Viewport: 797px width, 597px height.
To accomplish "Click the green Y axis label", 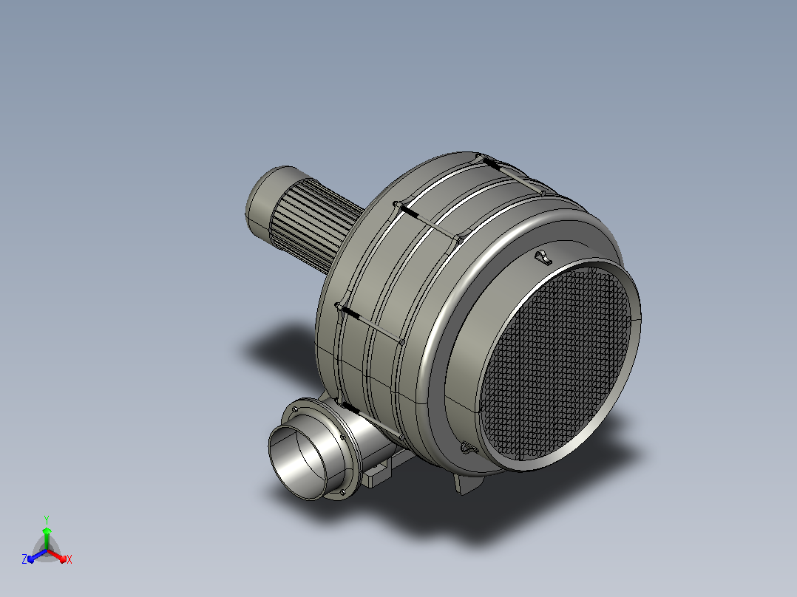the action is click(x=47, y=519).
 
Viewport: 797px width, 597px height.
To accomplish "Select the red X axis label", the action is click(x=69, y=559).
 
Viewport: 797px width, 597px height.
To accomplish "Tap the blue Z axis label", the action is click(x=24, y=559).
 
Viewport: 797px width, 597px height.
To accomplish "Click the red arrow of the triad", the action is click(x=57, y=556).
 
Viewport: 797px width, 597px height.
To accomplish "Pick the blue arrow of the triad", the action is click(x=38, y=556).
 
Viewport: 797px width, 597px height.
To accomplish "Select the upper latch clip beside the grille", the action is click(x=543, y=257).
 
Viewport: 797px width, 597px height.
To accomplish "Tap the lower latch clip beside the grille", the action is click(x=469, y=448).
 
